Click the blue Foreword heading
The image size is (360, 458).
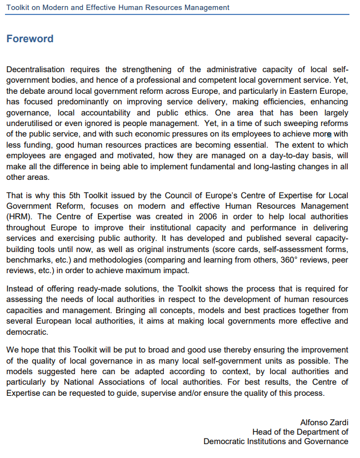pos(29,39)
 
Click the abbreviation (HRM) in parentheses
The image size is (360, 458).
pos(19,217)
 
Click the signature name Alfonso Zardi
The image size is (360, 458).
pos(324,423)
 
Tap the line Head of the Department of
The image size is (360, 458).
pos(300,432)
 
